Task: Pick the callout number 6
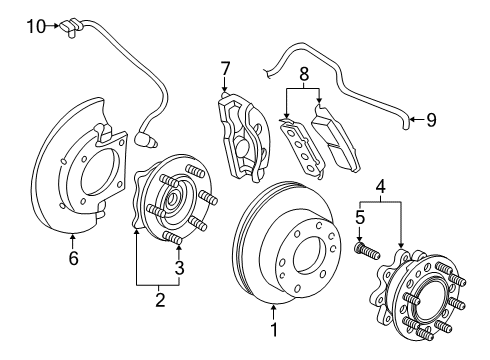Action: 72,257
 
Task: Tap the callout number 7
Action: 225,68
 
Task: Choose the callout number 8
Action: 303,72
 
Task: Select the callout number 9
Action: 431,121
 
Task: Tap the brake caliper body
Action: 240,135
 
